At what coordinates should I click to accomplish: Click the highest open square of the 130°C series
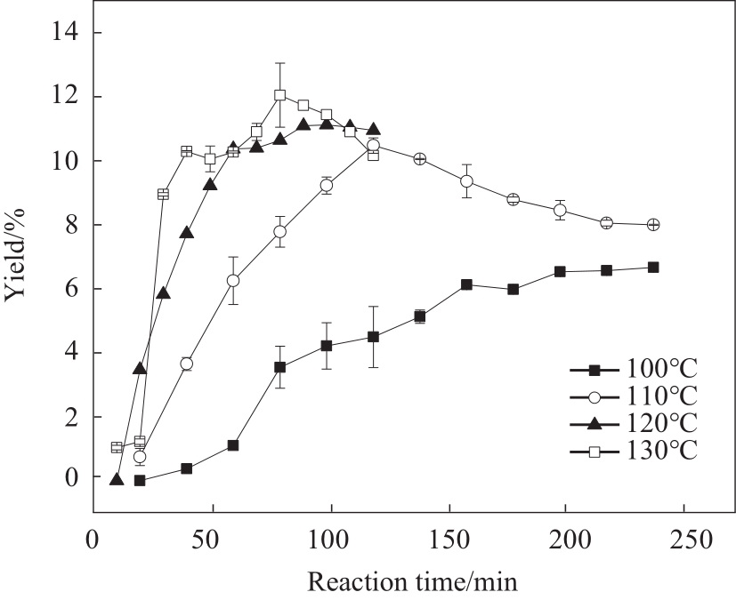tap(280, 95)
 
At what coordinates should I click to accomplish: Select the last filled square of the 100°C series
tap(653, 267)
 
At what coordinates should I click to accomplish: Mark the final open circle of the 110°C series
tap(653, 225)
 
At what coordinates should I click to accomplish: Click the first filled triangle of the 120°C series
tap(117, 480)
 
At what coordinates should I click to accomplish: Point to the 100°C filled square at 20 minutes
tap(140, 480)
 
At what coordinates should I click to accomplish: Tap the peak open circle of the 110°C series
tap(373, 145)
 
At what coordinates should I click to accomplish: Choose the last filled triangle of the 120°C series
tap(373, 130)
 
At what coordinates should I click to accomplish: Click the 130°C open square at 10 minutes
tap(117, 447)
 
